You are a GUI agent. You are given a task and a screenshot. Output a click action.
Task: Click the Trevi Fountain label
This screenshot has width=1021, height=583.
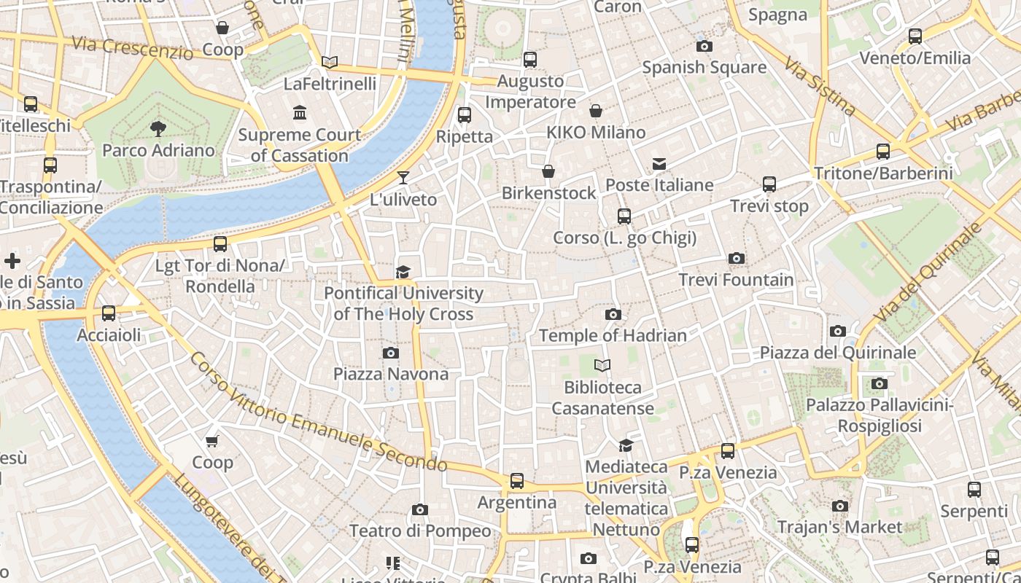(736, 280)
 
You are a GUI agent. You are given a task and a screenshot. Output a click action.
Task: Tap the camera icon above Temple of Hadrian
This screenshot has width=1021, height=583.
(613, 315)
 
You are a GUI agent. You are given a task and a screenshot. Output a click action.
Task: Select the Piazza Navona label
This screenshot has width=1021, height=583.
(391, 374)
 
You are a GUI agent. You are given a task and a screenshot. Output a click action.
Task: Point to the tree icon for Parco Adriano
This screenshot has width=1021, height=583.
(158, 130)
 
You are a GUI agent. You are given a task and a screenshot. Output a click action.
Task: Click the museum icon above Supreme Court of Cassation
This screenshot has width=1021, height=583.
(300, 113)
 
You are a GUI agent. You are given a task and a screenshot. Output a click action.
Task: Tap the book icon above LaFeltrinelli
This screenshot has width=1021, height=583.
(330, 63)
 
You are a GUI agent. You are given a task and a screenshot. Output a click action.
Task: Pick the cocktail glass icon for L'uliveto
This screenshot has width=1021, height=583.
(403, 178)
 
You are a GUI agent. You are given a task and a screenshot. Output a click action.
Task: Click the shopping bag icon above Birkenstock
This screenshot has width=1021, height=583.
(548, 171)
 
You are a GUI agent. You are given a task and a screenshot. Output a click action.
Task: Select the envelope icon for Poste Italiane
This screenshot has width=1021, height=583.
(659, 164)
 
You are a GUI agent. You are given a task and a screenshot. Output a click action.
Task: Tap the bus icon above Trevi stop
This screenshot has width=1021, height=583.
(769, 184)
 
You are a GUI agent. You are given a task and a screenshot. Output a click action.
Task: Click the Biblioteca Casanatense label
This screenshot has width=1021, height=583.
(602, 397)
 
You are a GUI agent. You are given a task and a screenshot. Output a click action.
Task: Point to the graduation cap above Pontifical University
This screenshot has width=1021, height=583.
(403, 273)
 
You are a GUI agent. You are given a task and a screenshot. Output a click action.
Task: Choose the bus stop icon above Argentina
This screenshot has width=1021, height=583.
(517, 481)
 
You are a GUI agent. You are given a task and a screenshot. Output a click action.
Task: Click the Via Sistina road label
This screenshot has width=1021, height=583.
(820, 87)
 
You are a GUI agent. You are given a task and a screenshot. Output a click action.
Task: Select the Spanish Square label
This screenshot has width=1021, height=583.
(704, 68)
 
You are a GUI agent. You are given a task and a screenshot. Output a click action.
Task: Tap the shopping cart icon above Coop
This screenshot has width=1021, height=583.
(212, 441)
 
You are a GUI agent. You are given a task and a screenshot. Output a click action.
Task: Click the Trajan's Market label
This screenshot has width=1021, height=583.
(839, 527)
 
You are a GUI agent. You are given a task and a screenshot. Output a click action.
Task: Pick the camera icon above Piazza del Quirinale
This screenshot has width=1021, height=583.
(838, 332)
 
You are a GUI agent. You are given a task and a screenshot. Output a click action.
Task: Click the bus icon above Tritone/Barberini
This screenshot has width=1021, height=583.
(883, 152)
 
